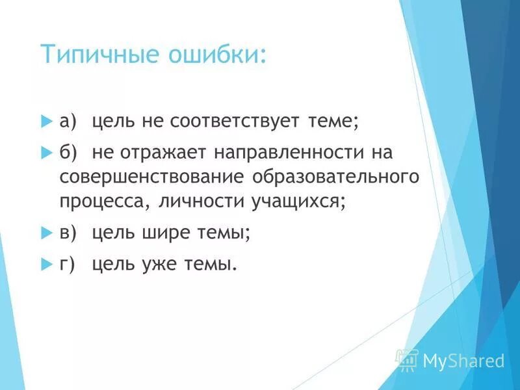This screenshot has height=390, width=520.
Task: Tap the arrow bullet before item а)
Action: pyautogui.click(x=45, y=122)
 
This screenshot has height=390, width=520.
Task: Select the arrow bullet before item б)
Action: pyautogui.click(x=45, y=152)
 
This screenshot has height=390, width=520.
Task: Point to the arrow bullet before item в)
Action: pyautogui.click(x=45, y=232)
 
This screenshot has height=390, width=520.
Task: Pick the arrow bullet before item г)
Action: pyautogui.click(x=45, y=263)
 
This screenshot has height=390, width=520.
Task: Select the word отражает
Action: pyautogui.click(x=164, y=152)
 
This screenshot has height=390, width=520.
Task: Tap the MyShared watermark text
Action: pyautogui.click(x=463, y=359)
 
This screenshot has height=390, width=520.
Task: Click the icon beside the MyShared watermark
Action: pyautogui.click(x=408, y=359)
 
